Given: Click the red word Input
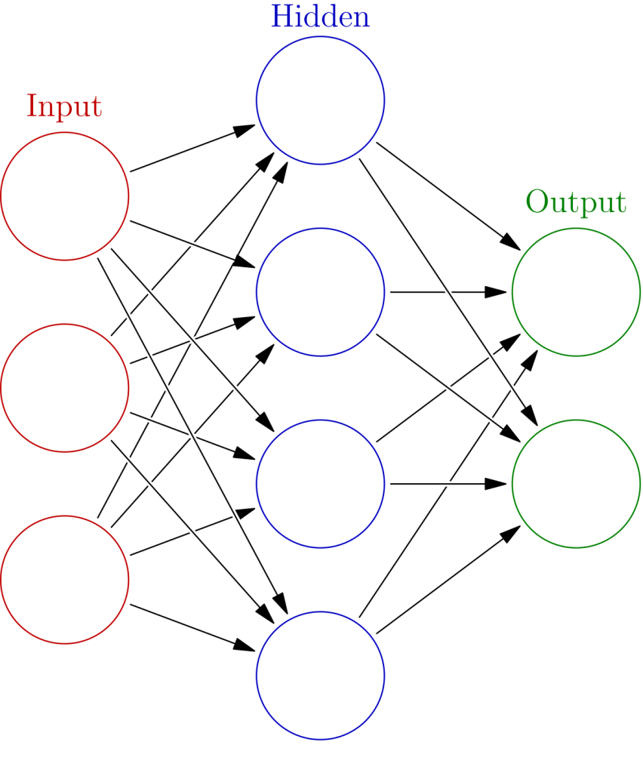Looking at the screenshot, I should click(64, 106).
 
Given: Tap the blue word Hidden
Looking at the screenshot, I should click(320, 17).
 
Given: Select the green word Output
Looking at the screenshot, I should click(576, 202).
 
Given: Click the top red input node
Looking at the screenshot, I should click(65, 196).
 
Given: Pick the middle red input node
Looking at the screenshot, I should click(65, 388).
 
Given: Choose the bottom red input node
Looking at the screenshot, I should click(65, 579).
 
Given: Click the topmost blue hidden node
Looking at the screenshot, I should click(320, 100).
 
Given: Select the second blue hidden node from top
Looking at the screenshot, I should click(320, 291).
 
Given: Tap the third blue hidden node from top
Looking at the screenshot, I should click(320, 483).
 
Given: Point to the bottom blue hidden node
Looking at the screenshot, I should click(320, 675).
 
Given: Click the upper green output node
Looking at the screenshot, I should click(576, 291).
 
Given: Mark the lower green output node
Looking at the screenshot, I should click(576, 483).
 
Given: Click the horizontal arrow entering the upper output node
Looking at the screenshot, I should click(445, 291).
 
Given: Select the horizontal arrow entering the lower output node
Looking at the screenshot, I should click(445, 483).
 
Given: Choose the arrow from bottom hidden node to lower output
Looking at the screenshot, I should click(445, 581).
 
